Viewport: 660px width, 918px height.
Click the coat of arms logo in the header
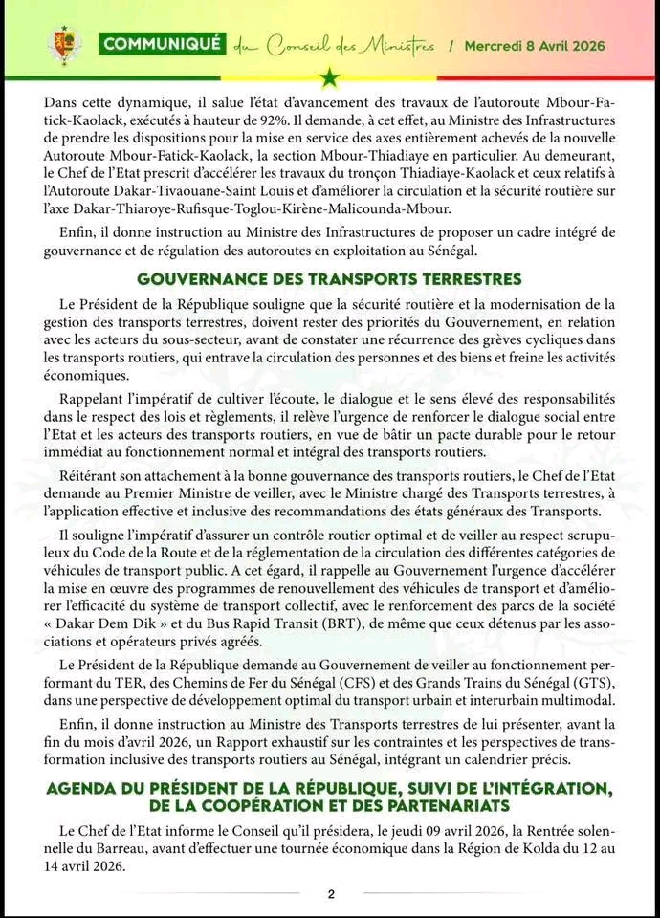[x=64, y=44]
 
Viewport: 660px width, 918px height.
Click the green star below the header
[x=330, y=76]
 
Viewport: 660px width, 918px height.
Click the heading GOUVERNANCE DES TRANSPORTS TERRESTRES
[x=329, y=279]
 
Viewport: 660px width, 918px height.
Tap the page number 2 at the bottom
[x=330, y=894]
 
